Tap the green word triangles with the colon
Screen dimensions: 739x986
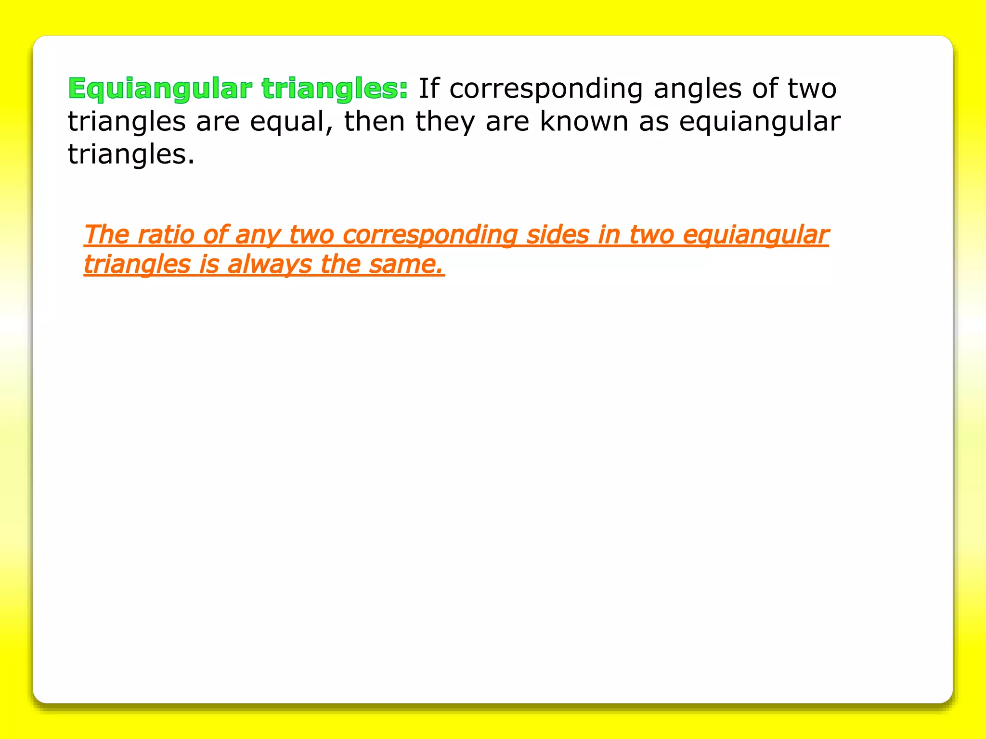coord(335,89)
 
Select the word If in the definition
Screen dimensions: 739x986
coord(429,89)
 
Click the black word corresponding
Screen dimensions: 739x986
coord(546,89)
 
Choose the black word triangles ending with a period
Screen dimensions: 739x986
coord(130,155)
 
